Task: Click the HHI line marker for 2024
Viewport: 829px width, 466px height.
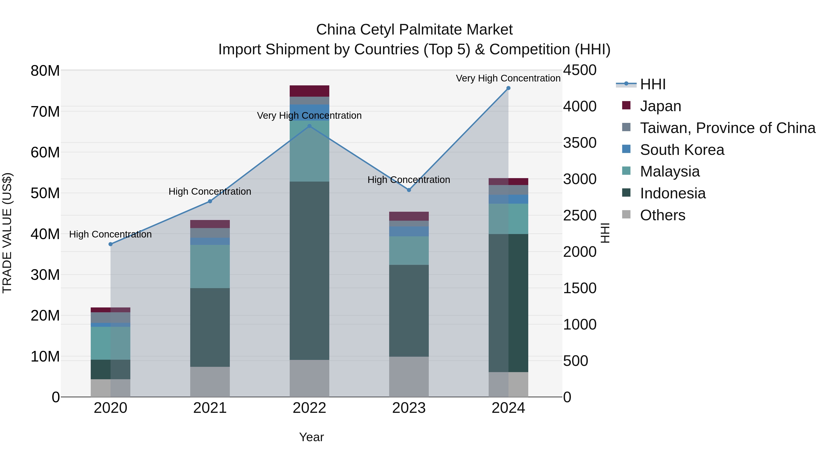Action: point(508,88)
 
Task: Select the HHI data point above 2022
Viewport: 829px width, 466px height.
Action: point(309,126)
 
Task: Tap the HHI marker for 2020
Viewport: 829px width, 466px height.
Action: point(110,244)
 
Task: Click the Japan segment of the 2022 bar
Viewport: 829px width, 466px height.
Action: point(309,91)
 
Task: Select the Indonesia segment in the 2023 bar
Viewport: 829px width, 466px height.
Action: point(409,310)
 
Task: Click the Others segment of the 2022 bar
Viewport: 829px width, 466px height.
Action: point(309,378)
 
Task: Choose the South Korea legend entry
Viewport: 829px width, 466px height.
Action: point(682,150)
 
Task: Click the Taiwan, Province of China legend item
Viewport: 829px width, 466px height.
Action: point(727,128)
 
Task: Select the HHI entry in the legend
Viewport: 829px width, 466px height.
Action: point(653,84)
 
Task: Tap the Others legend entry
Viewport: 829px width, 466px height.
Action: point(662,215)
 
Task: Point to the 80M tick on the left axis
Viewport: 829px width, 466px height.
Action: point(45,71)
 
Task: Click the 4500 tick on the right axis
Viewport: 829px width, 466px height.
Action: point(580,70)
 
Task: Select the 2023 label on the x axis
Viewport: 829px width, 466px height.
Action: point(409,408)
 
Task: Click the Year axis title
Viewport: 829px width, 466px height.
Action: point(311,437)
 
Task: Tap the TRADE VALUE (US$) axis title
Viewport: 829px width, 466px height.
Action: point(7,233)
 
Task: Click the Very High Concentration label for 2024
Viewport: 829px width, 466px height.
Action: point(508,78)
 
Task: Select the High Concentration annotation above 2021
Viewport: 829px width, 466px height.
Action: point(210,191)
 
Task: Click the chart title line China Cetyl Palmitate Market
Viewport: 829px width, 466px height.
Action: point(414,30)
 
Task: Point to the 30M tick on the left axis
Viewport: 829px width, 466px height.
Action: point(45,275)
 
